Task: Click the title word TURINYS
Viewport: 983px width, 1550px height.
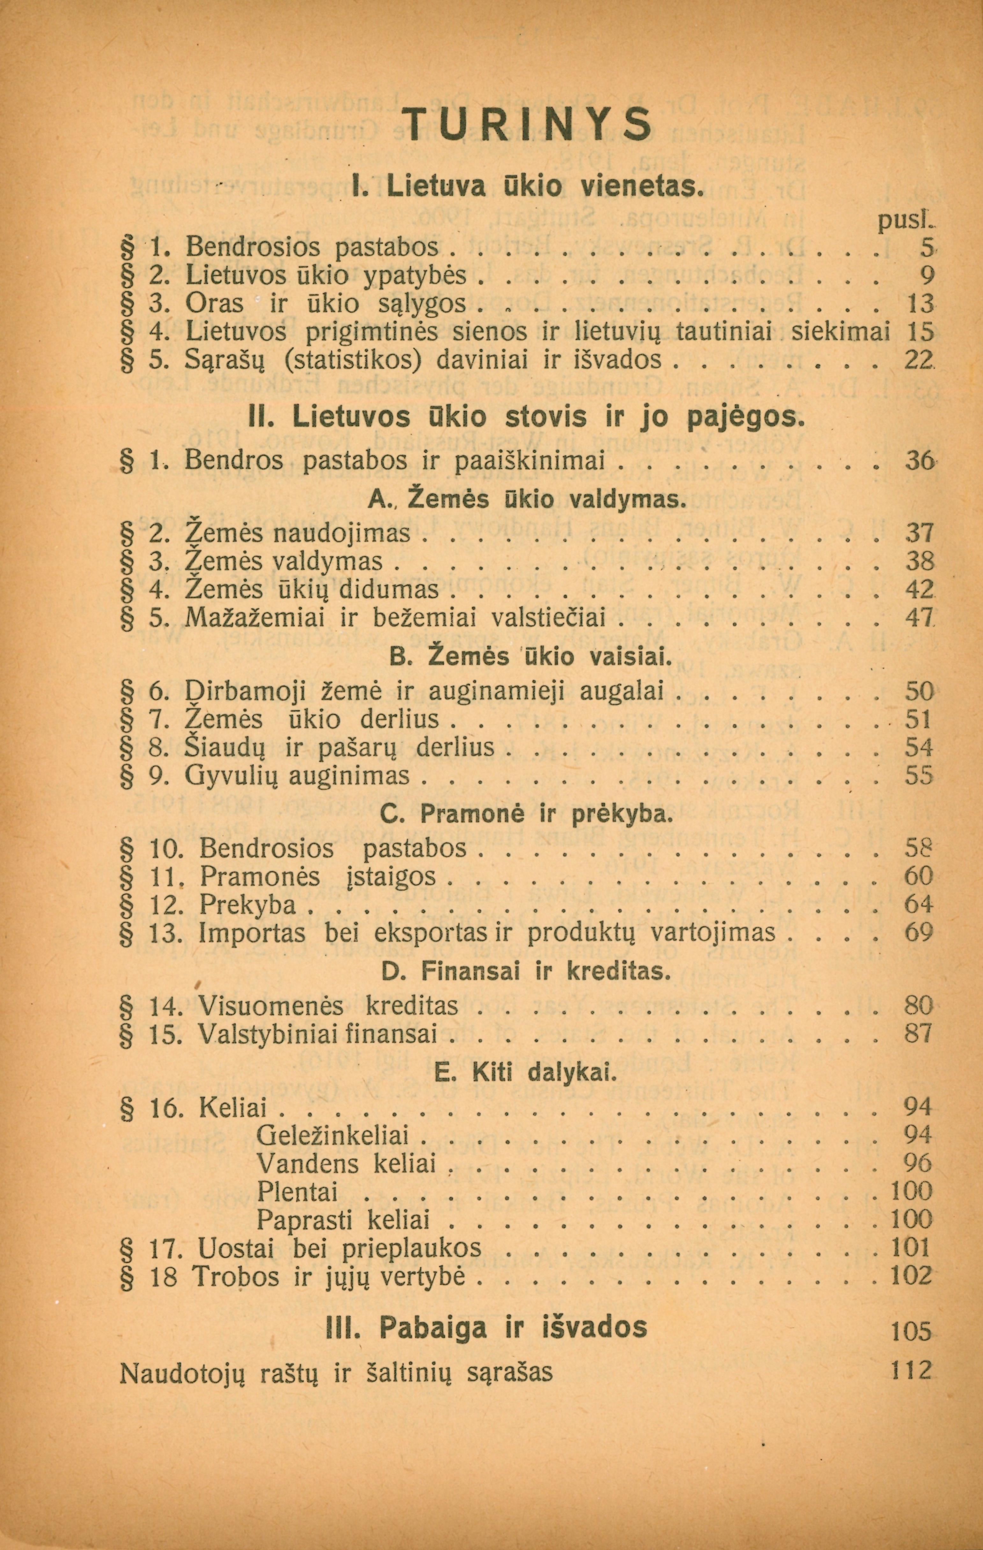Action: click(526, 124)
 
